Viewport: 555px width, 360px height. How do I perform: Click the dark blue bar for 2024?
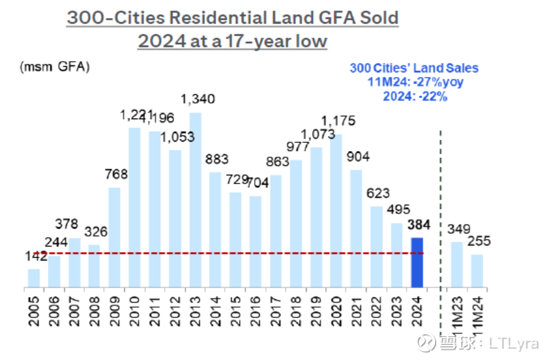[x=416, y=263]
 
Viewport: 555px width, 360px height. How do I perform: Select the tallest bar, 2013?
[x=195, y=200]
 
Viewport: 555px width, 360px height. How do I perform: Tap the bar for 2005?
[x=34, y=278]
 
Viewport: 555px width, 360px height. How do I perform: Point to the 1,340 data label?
[x=195, y=99]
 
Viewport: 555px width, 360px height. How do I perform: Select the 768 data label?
[x=115, y=174]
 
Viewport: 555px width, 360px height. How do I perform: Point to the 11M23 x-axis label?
[x=457, y=309]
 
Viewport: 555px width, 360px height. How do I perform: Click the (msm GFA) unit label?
[x=54, y=67]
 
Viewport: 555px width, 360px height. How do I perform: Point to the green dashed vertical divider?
[x=441, y=206]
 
